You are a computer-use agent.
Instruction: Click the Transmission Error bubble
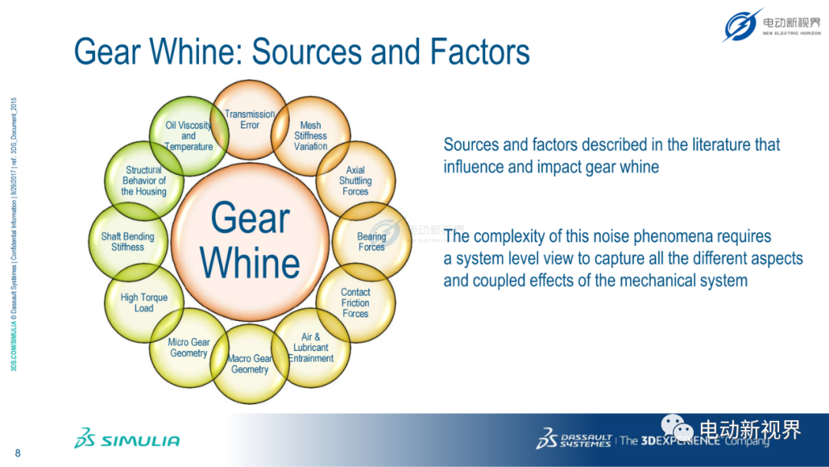coord(249,120)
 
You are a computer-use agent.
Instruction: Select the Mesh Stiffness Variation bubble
coord(310,136)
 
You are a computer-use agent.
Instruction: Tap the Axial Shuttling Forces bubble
coord(355,181)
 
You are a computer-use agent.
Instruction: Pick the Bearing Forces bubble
coord(372,242)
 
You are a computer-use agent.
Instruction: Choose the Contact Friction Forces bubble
coord(355,303)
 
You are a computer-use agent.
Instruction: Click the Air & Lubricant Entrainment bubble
coord(310,347)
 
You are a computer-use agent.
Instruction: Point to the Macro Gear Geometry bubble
coord(249,364)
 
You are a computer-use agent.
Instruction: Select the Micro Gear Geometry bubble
coord(189,347)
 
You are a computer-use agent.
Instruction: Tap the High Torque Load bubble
coord(144,303)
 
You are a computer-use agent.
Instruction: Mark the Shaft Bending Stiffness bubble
coord(128,242)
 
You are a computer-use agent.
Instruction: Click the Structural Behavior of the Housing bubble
coord(144,181)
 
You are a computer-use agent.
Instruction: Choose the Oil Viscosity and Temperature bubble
coord(189,136)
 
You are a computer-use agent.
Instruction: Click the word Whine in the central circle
coord(249,263)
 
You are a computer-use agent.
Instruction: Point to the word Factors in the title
coord(480,51)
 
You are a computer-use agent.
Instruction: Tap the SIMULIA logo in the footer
coord(127,439)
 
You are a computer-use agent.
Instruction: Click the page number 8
coord(18,453)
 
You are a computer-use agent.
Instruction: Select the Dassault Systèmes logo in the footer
coord(574,439)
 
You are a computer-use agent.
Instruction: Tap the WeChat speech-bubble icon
coord(677,427)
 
